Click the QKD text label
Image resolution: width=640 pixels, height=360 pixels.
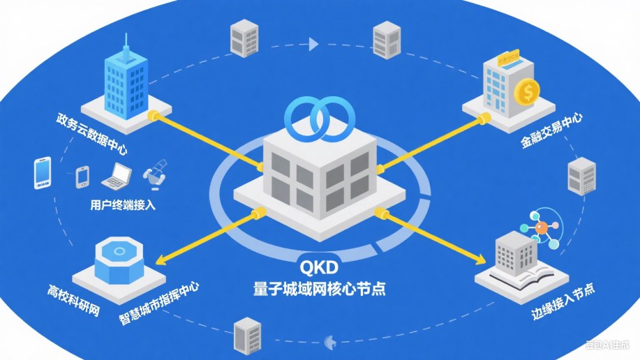[x=320, y=267]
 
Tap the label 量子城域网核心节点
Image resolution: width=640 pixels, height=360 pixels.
[x=320, y=287]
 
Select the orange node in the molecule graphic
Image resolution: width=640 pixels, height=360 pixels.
[x=541, y=227]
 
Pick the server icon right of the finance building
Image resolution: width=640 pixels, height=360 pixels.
[x=581, y=175]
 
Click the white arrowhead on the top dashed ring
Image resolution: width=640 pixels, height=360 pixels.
[x=313, y=45]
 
